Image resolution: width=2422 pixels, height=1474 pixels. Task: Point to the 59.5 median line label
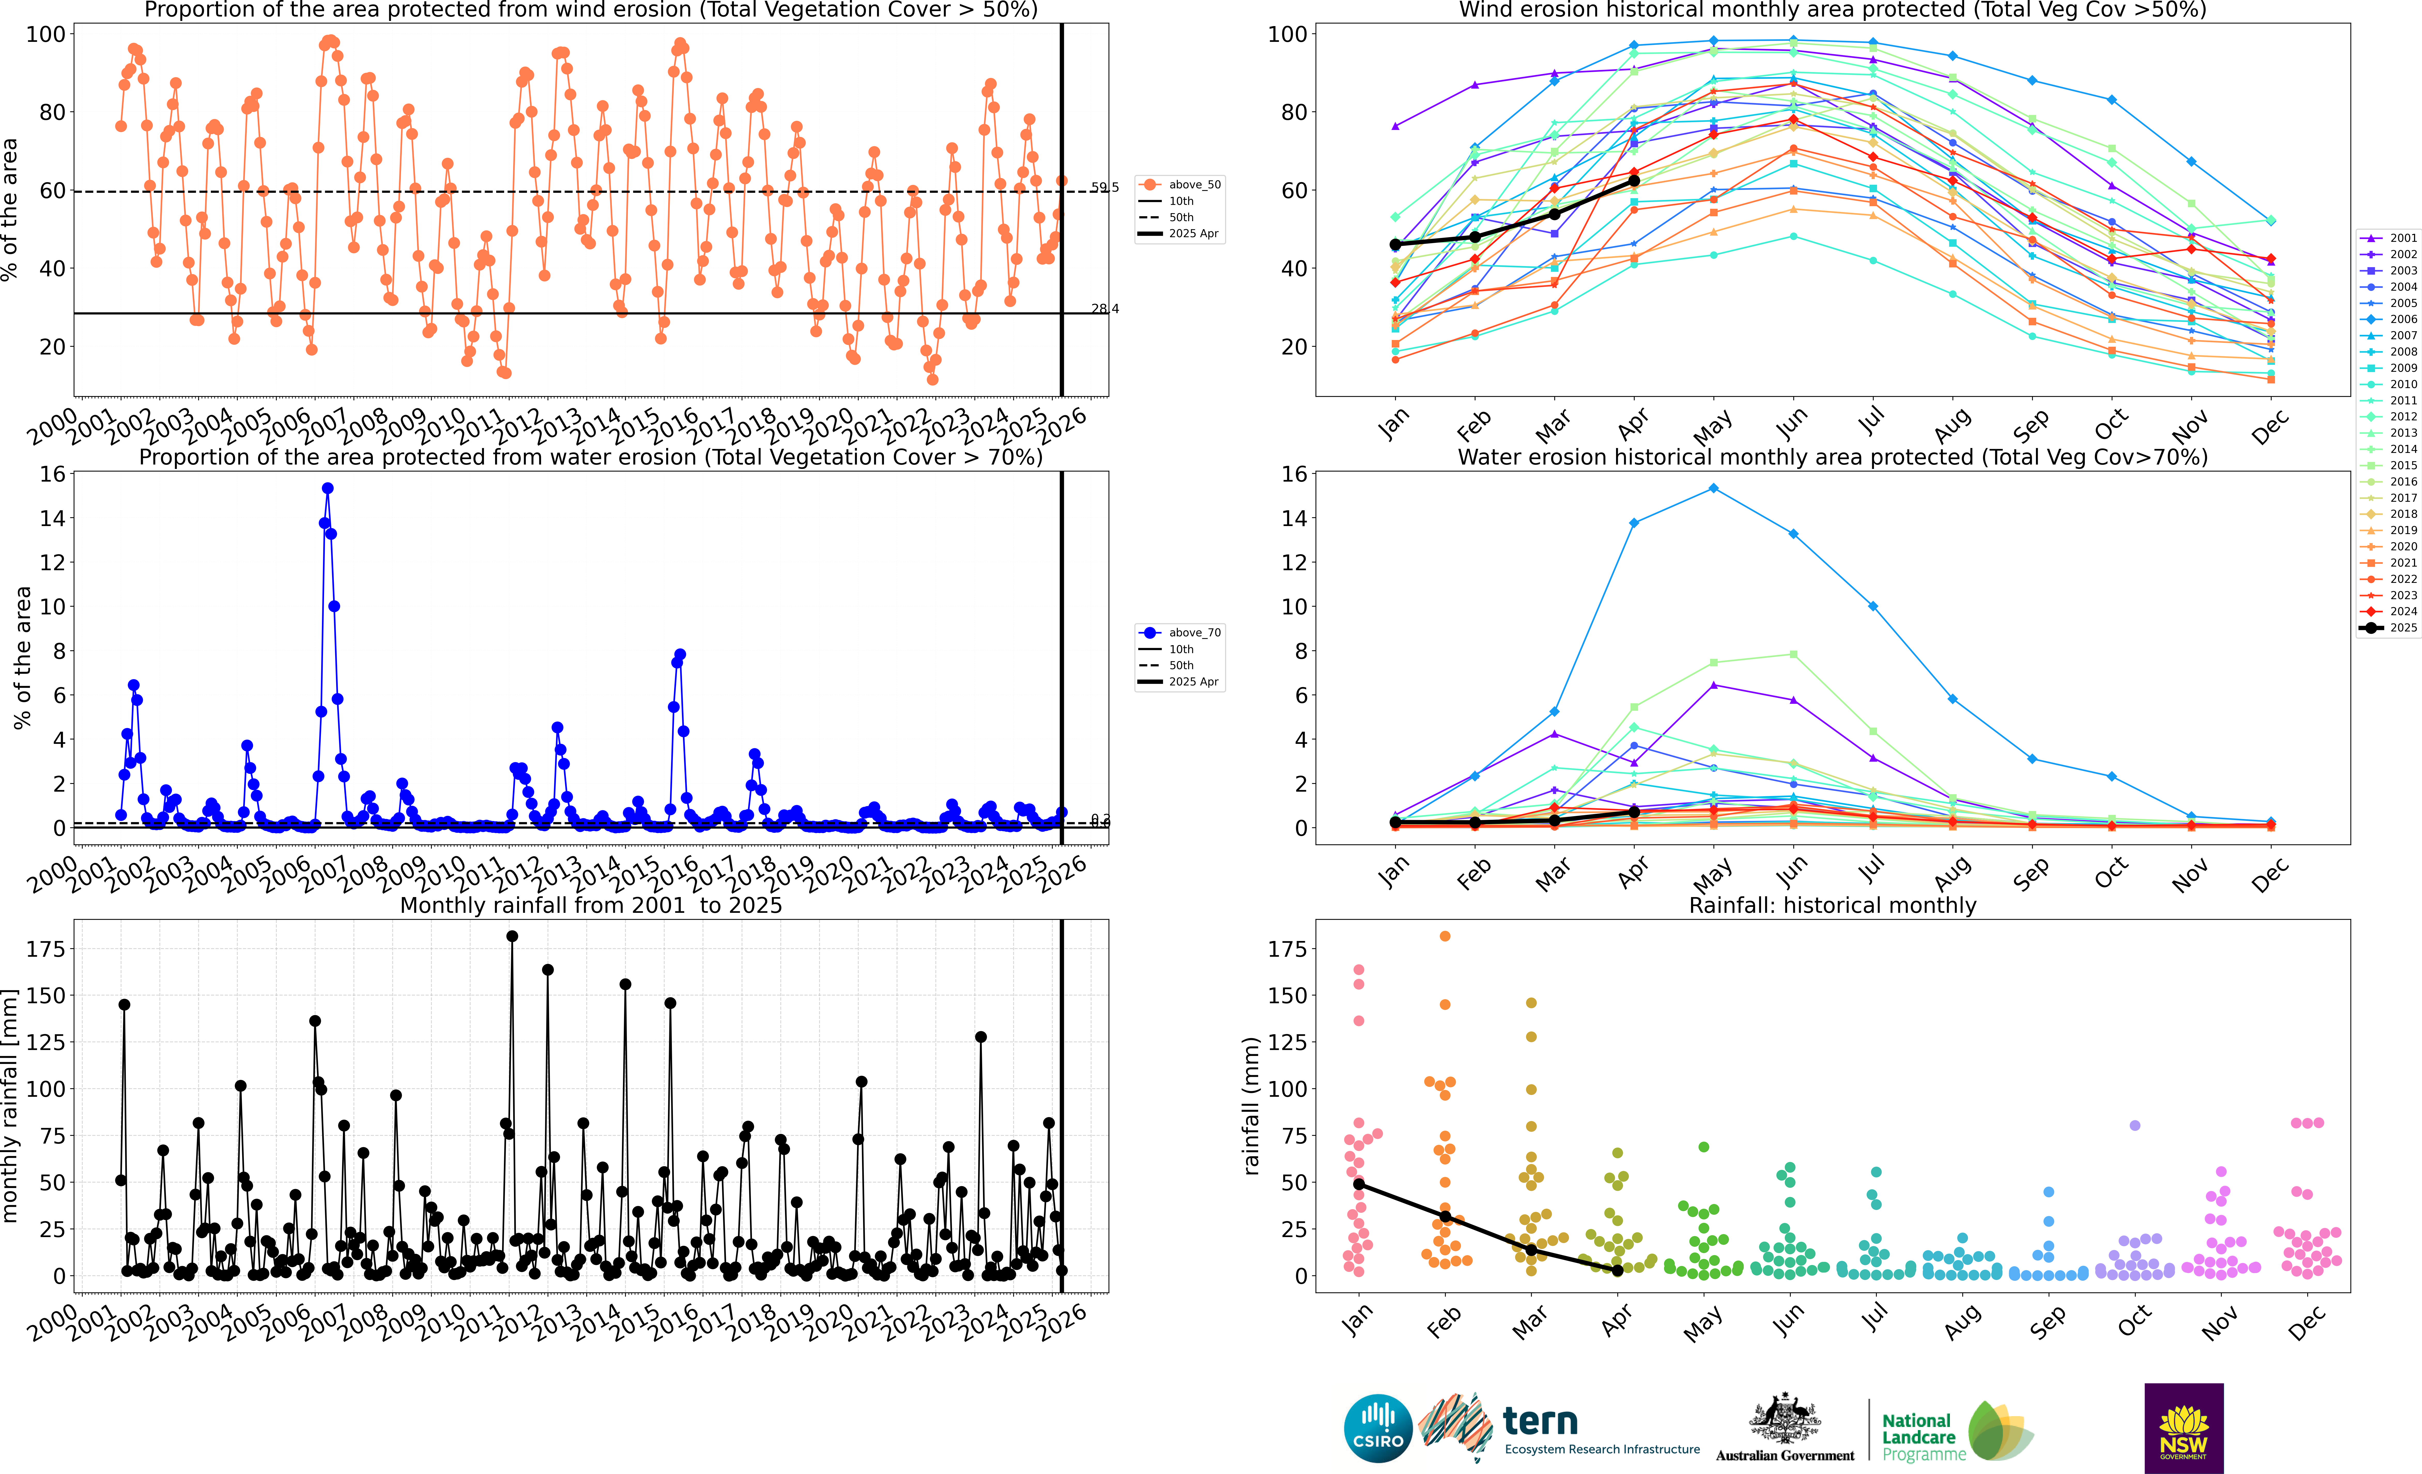pyautogui.click(x=1105, y=187)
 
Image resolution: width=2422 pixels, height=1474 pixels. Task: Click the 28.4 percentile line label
pyautogui.click(x=1105, y=308)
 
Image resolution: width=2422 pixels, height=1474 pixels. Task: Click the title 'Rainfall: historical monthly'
pyautogui.click(x=1832, y=905)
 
